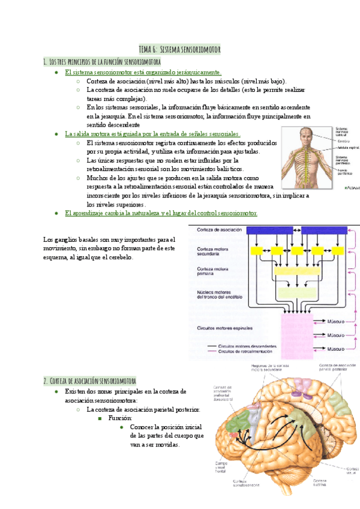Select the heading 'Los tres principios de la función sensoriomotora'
pos(102,61)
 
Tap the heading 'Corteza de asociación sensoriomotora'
pos(90,381)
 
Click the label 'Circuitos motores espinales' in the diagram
pos(225,328)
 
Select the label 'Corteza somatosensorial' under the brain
pos(239,484)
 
